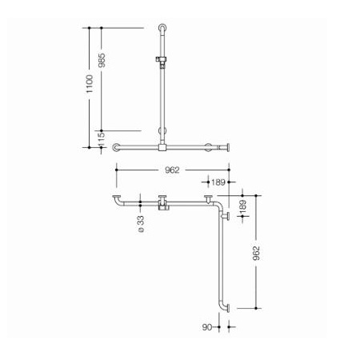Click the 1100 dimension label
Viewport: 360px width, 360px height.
pyautogui.click(x=90, y=84)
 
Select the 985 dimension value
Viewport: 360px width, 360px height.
pyautogui.click(x=102, y=60)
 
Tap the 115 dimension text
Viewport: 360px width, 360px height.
pyautogui.click(x=102, y=139)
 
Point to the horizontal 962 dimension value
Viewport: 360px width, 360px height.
pyautogui.click(x=172, y=170)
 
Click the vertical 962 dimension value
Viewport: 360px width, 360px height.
pyautogui.click(x=256, y=253)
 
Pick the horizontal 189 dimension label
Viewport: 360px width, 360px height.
pyautogui.click(x=218, y=182)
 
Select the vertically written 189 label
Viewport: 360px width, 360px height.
pyautogui.click(x=242, y=207)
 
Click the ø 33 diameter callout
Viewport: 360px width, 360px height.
pyautogui.click(x=141, y=224)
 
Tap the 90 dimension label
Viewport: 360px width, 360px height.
pyautogui.click(x=207, y=327)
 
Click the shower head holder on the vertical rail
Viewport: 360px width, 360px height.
pyautogui.click(x=161, y=60)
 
